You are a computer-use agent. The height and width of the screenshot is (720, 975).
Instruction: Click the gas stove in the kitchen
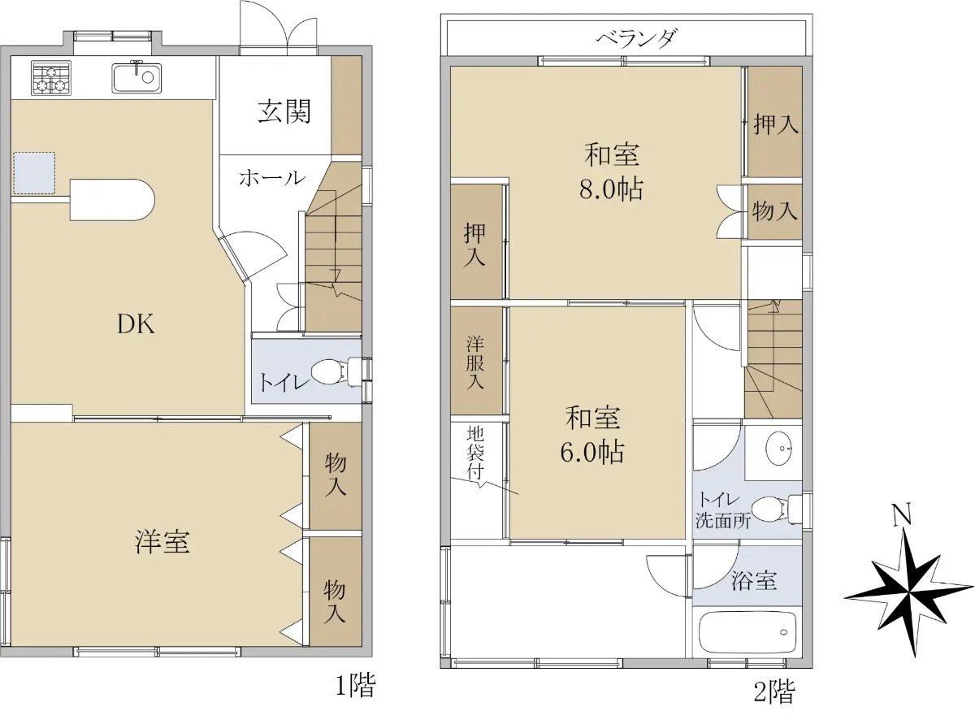(51, 78)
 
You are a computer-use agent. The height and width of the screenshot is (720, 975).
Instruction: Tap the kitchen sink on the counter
(136, 77)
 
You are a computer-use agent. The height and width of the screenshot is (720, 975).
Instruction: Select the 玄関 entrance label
(284, 111)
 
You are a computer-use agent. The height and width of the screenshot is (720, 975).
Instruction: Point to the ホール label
(272, 178)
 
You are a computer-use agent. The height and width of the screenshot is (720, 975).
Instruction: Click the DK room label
(136, 324)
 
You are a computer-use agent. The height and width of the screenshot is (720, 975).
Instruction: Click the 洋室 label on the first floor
(162, 541)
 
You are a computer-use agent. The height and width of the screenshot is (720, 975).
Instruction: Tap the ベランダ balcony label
(636, 39)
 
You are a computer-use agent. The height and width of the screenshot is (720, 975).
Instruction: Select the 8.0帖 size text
(611, 189)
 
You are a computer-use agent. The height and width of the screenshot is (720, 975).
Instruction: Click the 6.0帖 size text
(592, 452)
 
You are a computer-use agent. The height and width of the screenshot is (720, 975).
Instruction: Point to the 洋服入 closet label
(475, 362)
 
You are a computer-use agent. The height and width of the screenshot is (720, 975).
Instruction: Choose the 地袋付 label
(475, 452)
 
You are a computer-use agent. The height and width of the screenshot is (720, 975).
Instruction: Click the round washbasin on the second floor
(779, 449)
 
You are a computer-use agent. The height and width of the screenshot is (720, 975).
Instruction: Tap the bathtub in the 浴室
(747, 632)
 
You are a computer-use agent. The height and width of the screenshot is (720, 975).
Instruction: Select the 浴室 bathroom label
(754, 580)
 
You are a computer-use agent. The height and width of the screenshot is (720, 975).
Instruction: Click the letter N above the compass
(902, 515)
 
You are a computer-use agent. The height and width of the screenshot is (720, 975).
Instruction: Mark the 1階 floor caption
(356, 685)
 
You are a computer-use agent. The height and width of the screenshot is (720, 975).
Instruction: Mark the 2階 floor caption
(774, 692)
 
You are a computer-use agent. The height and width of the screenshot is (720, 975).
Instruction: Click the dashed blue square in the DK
(34, 173)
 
